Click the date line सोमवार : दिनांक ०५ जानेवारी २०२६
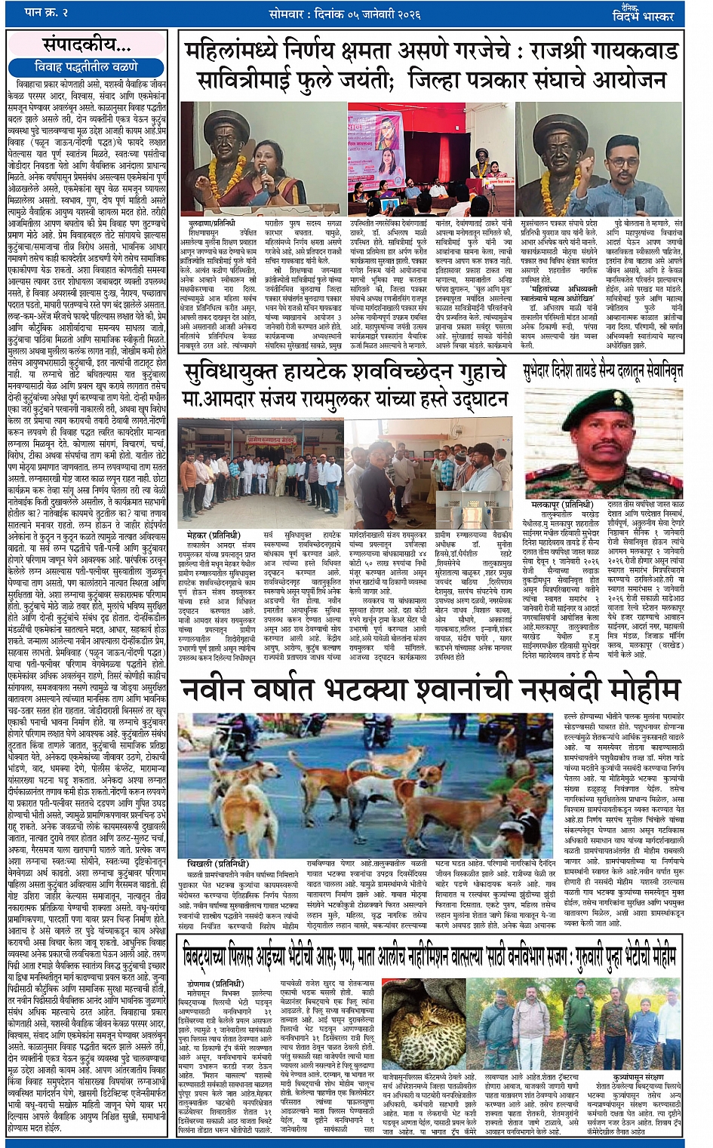click(x=345, y=14)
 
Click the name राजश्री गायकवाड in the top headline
click(x=604, y=52)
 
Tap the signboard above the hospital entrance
click(x=235, y=438)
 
